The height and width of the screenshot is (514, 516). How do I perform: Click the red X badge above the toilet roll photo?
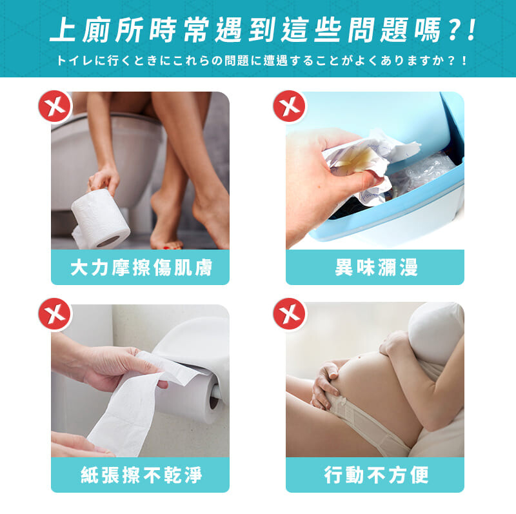pyautogui.click(x=55, y=106)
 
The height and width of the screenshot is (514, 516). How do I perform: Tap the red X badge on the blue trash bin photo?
pyautogui.click(x=289, y=106)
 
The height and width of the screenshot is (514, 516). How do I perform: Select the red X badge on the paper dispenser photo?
pyautogui.click(x=55, y=314)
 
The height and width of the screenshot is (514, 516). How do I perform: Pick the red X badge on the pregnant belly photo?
pyautogui.click(x=289, y=314)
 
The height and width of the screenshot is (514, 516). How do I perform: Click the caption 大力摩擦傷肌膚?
pyautogui.click(x=141, y=267)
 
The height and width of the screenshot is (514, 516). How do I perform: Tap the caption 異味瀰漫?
pyautogui.click(x=376, y=267)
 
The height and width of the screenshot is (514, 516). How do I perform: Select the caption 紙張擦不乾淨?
pyautogui.click(x=141, y=475)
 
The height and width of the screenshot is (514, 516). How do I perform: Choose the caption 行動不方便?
pyautogui.click(x=376, y=475)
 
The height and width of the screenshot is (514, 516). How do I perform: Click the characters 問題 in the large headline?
pyautogui.click(x=378, y=30)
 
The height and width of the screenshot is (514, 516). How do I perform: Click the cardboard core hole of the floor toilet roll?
pyautogui.click(x=108, y=241)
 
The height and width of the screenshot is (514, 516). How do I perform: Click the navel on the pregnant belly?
pyautogui.click(x=361, y=357)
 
